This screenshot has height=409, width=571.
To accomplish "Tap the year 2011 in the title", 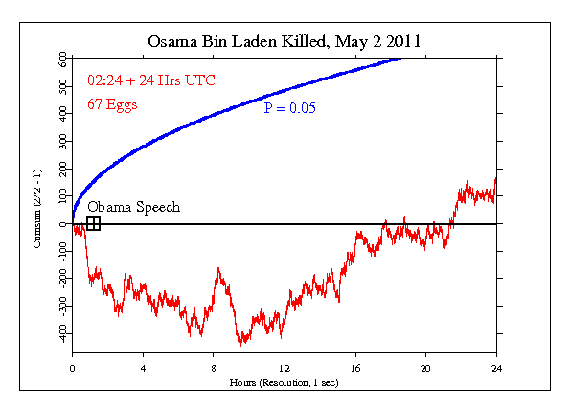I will tap(403, 42).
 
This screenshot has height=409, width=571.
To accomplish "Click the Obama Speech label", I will tap(133, 207).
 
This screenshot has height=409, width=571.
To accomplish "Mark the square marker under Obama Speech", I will tap(93, 224).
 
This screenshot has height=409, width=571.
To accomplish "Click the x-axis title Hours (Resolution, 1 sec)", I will tap(285, 381).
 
